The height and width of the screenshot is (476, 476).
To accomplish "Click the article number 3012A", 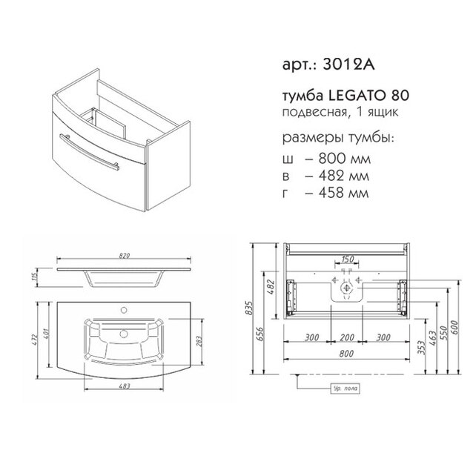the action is (x=348, y=65).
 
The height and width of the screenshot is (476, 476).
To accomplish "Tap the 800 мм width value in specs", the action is (x=344, y=159).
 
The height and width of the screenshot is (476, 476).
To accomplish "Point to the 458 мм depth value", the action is (x=343, y=193).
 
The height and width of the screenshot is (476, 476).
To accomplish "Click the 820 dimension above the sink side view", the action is (x=124, y=256).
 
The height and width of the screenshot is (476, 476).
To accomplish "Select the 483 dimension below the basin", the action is (x=124, y=386).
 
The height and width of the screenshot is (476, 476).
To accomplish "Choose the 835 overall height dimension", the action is (x=249, y=308).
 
